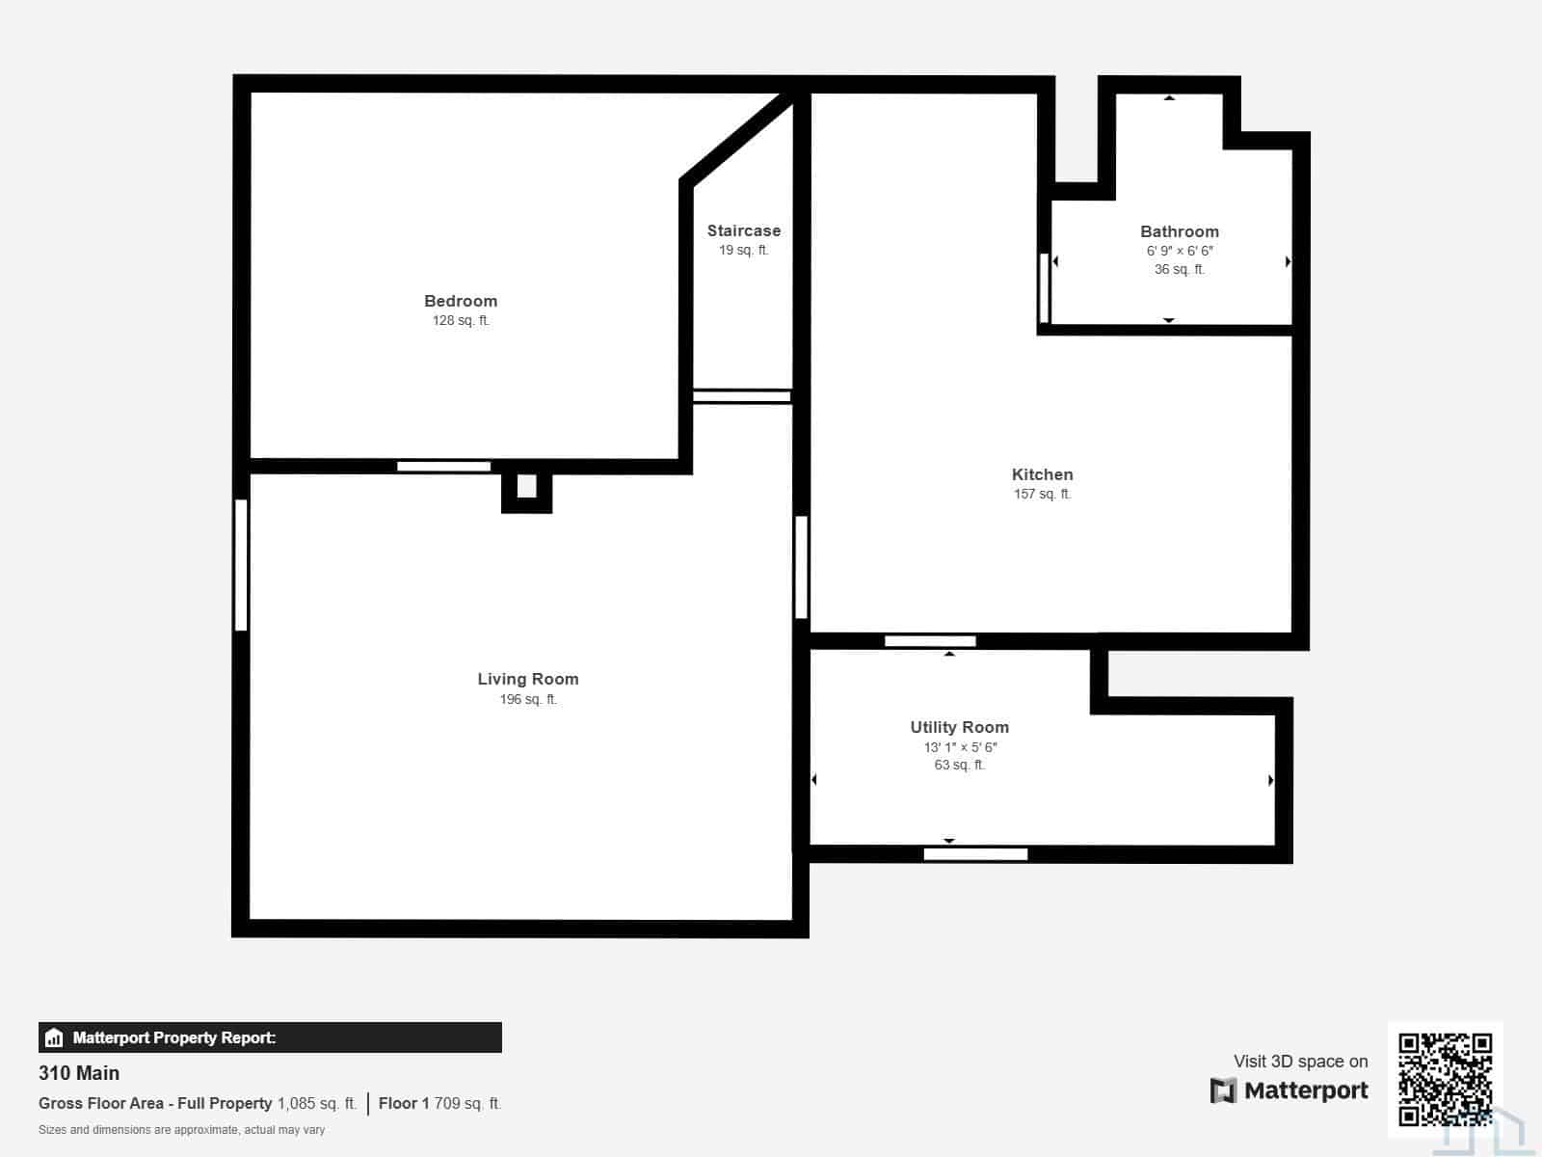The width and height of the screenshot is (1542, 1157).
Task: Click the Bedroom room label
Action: pos(461,301)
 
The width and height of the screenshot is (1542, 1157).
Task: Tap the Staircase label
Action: pos(743,230)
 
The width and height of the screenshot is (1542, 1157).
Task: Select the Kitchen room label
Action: pos(1042,474)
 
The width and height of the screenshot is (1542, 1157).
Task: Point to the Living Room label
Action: pos(527,679)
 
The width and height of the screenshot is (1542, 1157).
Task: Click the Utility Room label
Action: pos(959,727)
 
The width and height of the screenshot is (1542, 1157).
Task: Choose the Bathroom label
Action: pos(1179,231)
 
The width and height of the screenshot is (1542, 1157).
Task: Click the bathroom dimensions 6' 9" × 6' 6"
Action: pos(1180,251)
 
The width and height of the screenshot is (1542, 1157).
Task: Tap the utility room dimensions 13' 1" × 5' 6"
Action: pos(960,746)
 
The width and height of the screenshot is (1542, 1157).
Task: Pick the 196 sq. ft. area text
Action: pos(527,699)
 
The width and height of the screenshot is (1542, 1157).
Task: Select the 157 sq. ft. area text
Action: pos(1042,494)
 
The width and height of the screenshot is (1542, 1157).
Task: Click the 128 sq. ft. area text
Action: pos(461,320)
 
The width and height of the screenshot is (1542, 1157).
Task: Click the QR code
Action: pos(1445,1078)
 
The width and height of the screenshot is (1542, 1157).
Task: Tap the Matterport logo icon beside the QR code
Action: pos(1223,1091)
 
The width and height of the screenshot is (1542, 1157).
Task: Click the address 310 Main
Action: pos(79,1073)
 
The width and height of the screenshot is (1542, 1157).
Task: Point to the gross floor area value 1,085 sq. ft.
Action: pos(317,1103)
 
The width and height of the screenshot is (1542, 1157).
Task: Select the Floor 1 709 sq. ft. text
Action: pos(439,1103)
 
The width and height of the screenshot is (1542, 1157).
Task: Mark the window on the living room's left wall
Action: pos(240,565)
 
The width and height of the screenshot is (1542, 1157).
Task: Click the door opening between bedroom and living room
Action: pos(443,467)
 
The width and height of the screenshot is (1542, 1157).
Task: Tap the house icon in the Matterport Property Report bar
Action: pos(54,1037)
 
